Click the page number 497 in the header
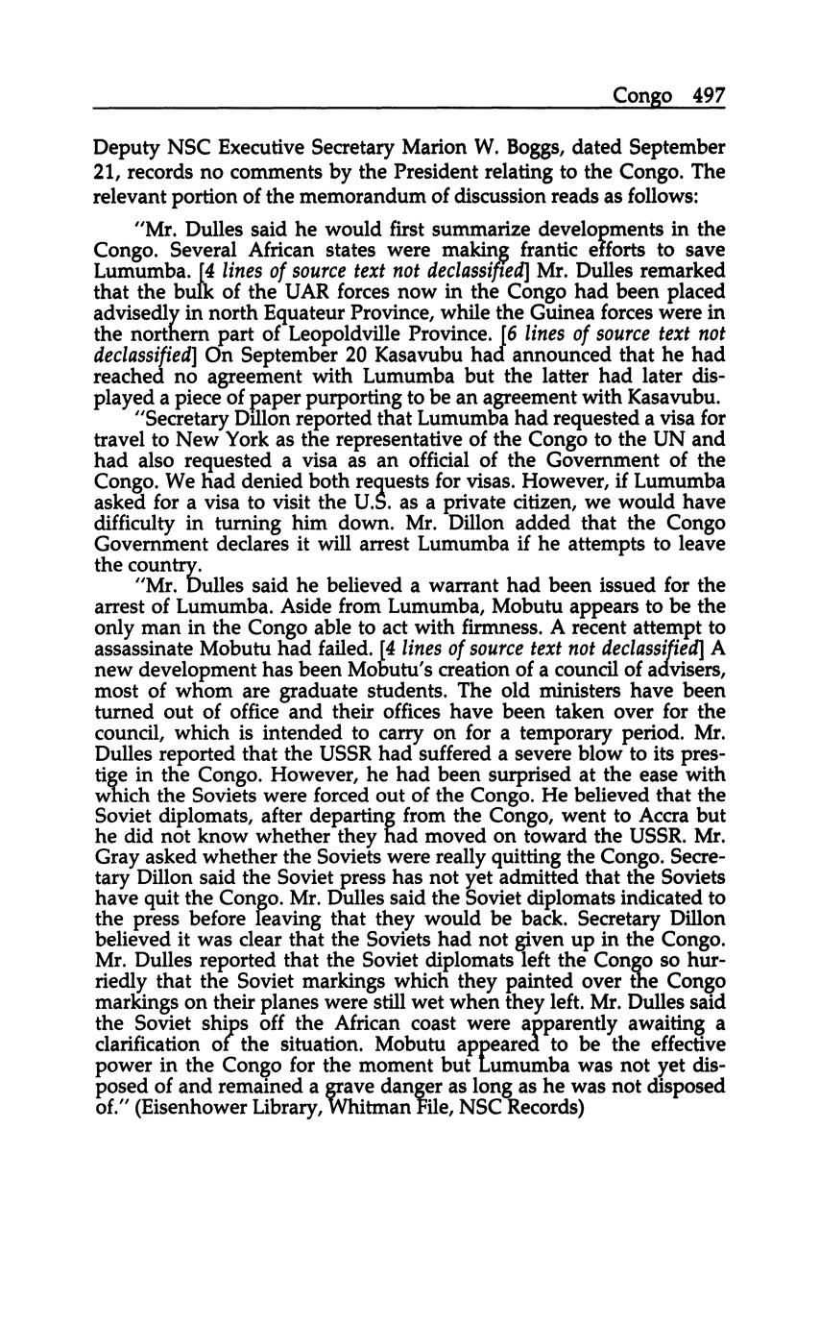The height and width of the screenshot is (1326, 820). pos(708,96)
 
